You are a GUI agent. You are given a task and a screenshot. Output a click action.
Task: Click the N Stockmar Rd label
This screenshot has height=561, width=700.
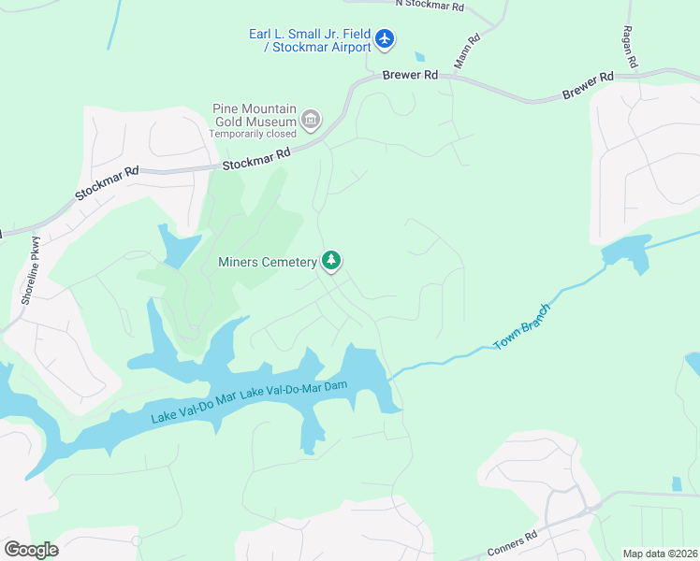[x=430, y=5]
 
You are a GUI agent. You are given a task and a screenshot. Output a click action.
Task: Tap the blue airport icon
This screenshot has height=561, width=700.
[x=385, y=39]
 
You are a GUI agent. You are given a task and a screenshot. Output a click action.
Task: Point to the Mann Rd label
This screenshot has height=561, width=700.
[x=467, y=51]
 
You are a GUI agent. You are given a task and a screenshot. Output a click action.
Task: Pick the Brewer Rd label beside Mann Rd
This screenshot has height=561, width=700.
[x=410, y=75]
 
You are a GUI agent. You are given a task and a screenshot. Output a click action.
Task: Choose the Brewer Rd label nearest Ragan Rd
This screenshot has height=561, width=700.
[x=588, y=86]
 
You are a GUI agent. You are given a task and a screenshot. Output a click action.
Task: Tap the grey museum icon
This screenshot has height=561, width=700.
[x=311, y=120]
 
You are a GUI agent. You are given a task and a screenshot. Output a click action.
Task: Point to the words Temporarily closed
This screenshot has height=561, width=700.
[x=252, y=134]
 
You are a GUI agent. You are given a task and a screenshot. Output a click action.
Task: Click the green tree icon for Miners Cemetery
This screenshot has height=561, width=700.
[x=330, y=261]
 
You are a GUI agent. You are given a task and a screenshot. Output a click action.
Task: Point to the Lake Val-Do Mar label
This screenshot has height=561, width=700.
[x=194, y=406]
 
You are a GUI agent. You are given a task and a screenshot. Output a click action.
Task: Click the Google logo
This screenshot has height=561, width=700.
[x=31, y=549]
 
